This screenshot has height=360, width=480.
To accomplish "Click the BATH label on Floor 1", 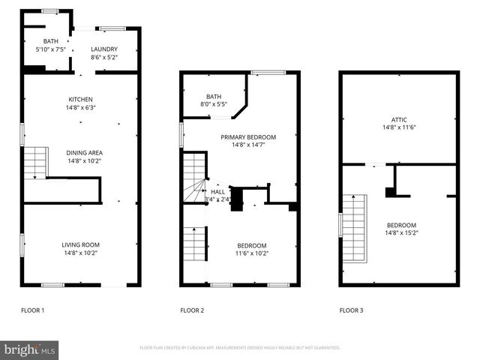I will click(x=51, y=42).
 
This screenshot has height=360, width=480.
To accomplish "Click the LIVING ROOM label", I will click(x=80, y=244).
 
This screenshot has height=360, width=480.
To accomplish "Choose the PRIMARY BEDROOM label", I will click(x=248, y=137).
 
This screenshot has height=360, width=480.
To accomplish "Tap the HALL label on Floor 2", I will click(x=217, y=192).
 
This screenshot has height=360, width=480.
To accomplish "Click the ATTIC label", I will click(x=399, y=119).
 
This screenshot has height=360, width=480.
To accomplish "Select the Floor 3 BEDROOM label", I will click(x=401, y=225).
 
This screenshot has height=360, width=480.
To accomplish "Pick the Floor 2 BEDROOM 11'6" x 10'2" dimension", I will click(x=252, y=253).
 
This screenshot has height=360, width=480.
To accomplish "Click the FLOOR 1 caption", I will click(x=32, y=310).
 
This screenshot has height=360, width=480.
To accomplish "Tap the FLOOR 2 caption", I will click(x=193, y=310).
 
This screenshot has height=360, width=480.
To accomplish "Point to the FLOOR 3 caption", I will click(x=352, y=310).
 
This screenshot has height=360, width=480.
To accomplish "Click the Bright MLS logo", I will click(x=30, y=349).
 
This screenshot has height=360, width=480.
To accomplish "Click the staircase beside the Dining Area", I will click(x=34, y=162).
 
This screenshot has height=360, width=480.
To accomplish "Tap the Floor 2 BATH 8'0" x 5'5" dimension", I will click(x=214, y=104).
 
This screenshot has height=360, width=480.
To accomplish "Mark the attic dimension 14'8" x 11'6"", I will click(x=399, y=127).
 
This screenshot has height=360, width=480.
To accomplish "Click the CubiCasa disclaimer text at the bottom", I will click(x=240, y=348).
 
